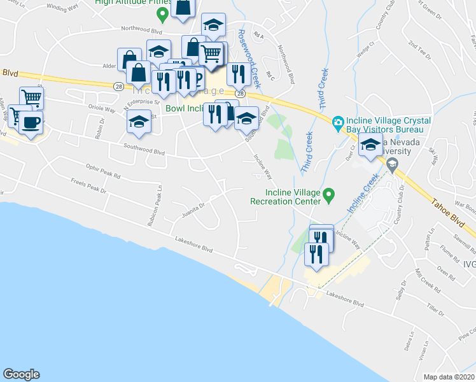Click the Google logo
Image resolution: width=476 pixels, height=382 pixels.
pyautogui.click(x=21, y=374)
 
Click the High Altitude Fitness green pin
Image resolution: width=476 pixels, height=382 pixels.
pyautogui.click(x=163, y=12)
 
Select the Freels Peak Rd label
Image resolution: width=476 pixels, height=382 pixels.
pyautogui.click(x=88, y=189)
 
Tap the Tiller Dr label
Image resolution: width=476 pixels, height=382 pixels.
pyautogui.click(x=436, y=311)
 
